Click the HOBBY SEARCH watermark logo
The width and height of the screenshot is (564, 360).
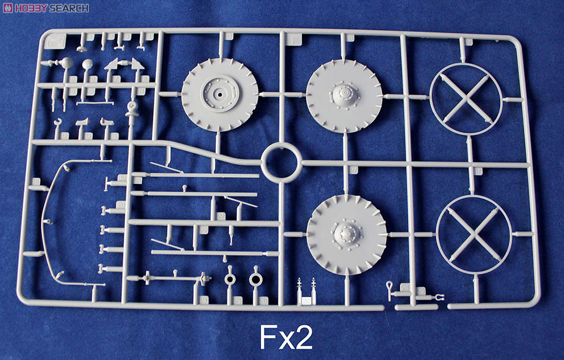pos(45,7)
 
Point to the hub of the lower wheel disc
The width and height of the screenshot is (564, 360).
pos(345,234)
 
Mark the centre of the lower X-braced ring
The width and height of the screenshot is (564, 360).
pos(473,234)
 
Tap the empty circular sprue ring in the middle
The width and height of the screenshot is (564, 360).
pos(281,163)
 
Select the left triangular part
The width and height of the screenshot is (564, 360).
pos(112,64)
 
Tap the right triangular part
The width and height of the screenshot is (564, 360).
pos(136,64)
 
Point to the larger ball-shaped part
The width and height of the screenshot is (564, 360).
pos(67,62)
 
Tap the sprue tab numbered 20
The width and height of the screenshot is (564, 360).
pos(121,204)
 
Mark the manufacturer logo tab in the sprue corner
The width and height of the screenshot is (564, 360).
pos(57,41)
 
